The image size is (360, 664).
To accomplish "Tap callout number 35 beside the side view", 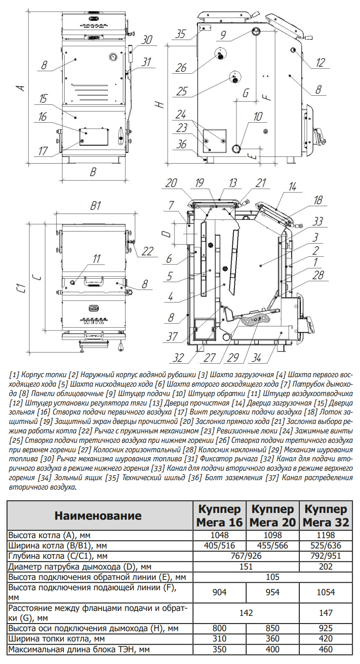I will pyautogui.click(x=181, y=34).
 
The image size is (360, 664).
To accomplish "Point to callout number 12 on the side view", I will pyautogui.click(x=320, y=63).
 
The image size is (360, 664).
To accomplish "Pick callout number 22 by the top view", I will pyautogui.click(x=147, y=251).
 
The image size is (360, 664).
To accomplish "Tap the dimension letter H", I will pyautogui.click(x=160, y=104).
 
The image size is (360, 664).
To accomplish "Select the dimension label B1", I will pyautogui.click(x=95, y=206).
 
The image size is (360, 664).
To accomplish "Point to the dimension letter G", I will pyautogui.click(x=245, y=93).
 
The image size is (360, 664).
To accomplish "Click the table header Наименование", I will pyautogui.click(x=98, y=516).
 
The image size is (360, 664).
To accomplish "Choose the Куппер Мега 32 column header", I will pyautogui.click(x=325, y=516).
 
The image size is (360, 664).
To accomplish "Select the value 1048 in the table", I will pyautogui.click(x=219, y=536).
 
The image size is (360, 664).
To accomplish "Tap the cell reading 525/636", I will pyautogui.click(x=325, y=546).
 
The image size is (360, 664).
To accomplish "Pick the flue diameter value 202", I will pyautogui.click(x=325, y=566).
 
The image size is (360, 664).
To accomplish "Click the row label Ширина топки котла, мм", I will pyautogui.click(x=56, y=639).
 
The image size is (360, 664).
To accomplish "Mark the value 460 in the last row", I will pyautogui.click(x=325, y=649).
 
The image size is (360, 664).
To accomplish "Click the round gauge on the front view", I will pyautogui.click(x=112, y=57).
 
